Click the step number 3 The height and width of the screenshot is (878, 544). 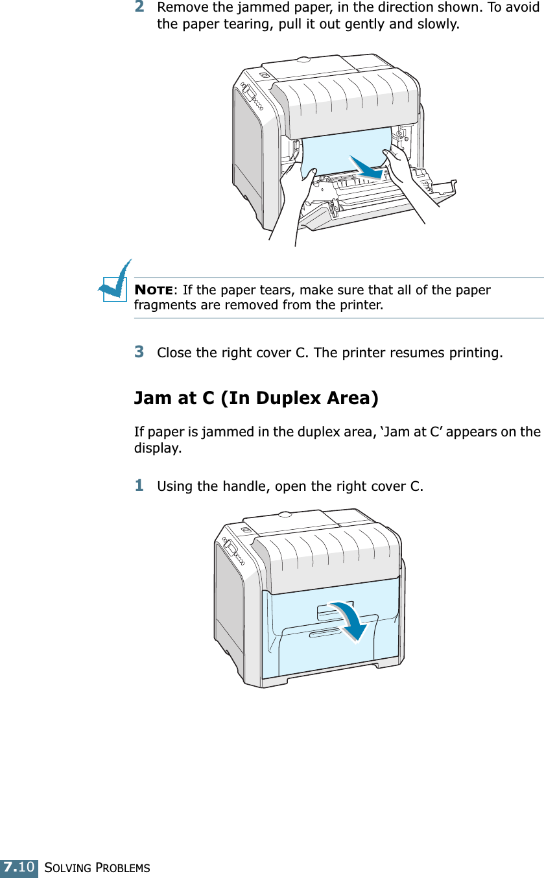pos(139,352)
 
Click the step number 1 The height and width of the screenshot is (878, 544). pos(139,484)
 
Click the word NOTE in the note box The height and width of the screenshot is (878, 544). pos(153,290)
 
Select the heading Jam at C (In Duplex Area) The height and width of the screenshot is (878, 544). pos(256,397)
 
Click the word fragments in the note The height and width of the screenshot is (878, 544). pos(163,304)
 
